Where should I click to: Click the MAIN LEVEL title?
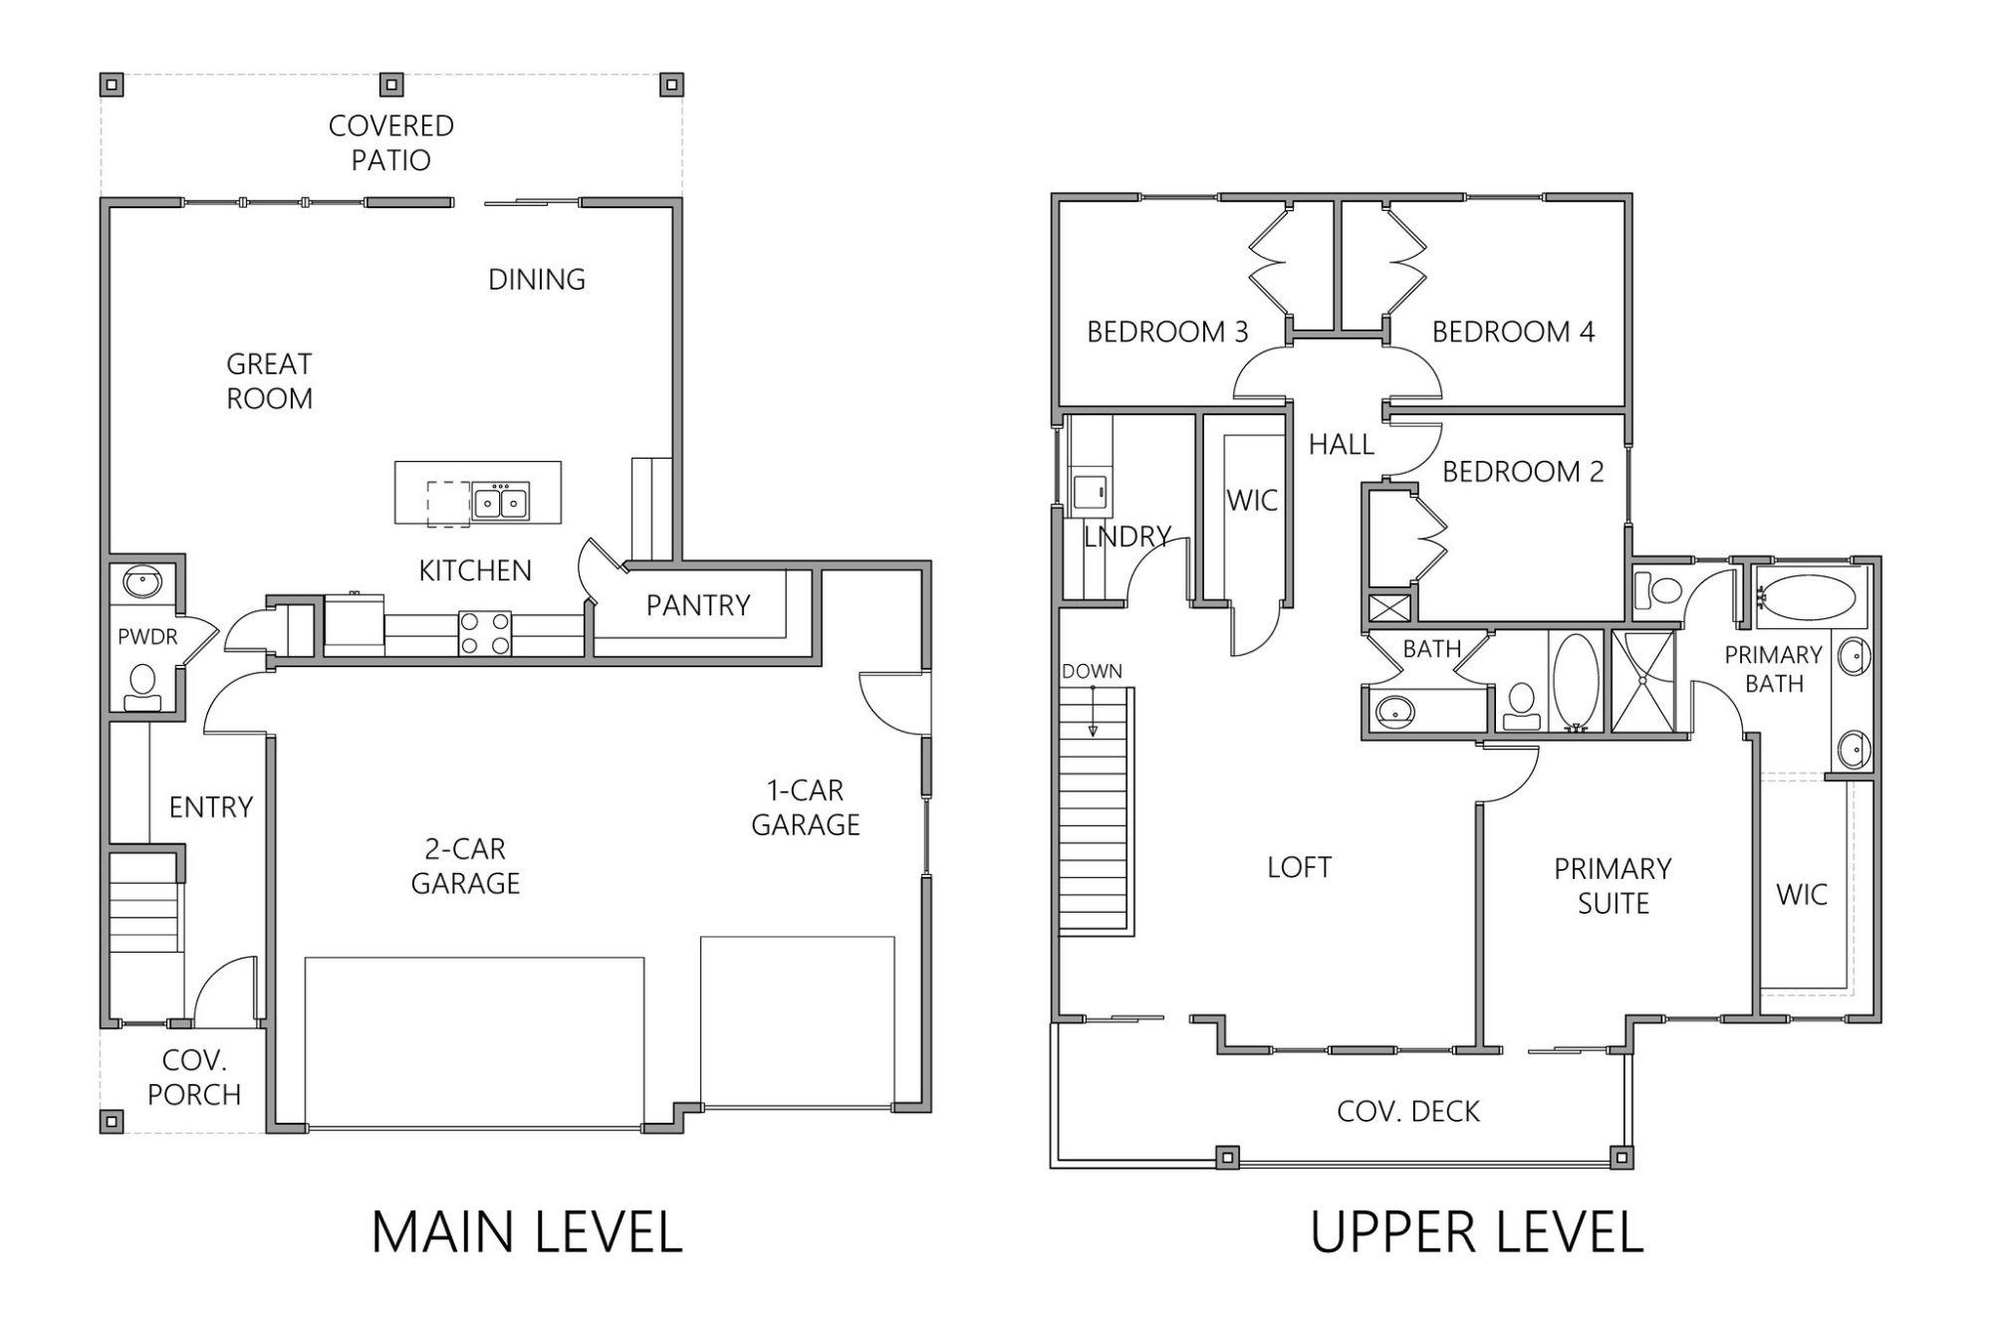(x=527, y=1232)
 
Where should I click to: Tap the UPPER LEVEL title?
(x=1476, y=1232)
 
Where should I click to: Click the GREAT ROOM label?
(x=269, y=381)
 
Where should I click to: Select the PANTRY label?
(x=697, y=605)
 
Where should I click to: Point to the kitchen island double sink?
(x=500, y=502)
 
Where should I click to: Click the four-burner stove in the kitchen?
(x=485, y=633)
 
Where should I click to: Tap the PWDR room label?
(x=146, y=637)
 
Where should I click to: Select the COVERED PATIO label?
(x=390, y=142)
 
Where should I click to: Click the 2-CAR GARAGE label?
(x=465, y=866)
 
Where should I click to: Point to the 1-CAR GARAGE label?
(x=805, y=807)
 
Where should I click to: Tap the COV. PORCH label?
(x=193, y=1078)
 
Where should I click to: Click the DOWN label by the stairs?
(x=1092, y=672)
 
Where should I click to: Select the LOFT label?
(x=1299, y=867)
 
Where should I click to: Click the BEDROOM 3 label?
(x=1166, y=332)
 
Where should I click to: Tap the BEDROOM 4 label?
(x=1513, y=332)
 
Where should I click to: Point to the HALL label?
(x=1341, y=445)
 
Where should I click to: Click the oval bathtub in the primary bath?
(x=1805, y=597)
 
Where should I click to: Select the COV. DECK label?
(x=1407, y=1111)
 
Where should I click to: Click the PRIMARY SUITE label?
(x=1613, y=886)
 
